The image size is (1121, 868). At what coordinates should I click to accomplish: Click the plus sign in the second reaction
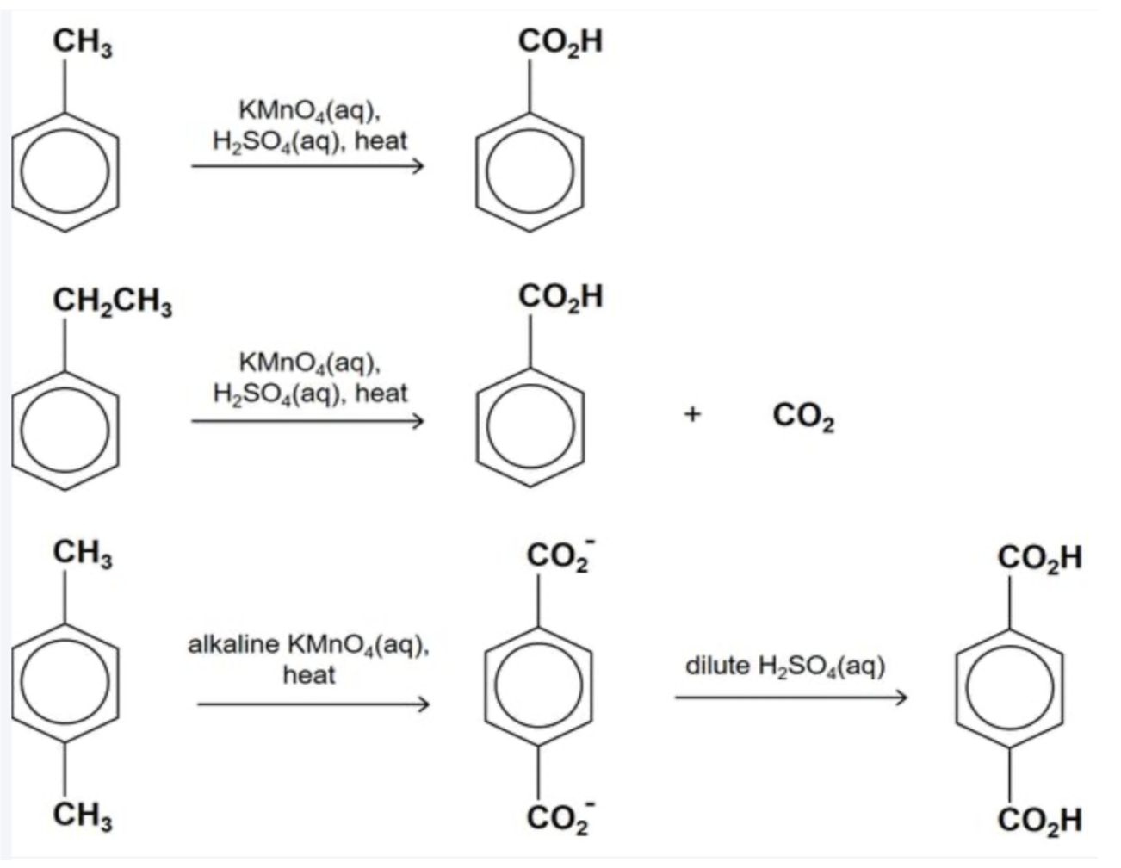click(691, 416)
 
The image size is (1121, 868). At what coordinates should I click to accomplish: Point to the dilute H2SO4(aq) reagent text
click(785, 666)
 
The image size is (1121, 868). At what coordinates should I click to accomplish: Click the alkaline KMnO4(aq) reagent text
click(308, 644)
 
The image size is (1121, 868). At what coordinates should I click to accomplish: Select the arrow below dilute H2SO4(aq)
click(790, 697)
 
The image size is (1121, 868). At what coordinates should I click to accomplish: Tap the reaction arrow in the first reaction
click(307, 166)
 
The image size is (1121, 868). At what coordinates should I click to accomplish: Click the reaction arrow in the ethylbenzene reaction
click(307, 421)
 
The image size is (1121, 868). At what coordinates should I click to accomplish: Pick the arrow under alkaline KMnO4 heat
click(312, 705)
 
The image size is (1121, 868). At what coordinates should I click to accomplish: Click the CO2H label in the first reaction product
click(560, 41)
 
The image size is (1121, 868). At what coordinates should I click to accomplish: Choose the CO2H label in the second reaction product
click(560, 298)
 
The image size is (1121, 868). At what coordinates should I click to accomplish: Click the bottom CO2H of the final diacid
click(1040, 820)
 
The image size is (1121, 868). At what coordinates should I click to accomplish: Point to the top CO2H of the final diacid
click(1040, 558)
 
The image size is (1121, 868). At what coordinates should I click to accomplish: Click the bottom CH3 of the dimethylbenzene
click(83, 815)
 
